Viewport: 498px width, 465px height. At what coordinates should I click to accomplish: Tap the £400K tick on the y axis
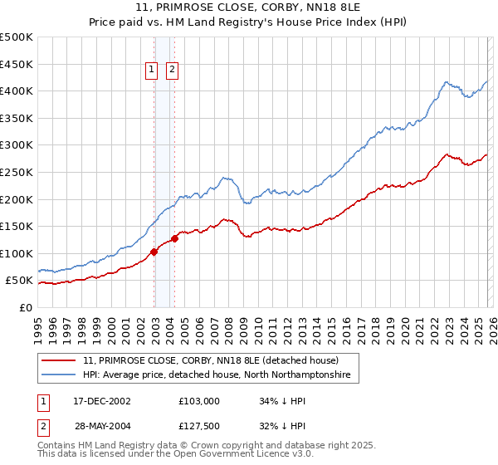(x=17, y=91)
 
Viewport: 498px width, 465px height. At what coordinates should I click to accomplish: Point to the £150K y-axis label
(x=17, y=226)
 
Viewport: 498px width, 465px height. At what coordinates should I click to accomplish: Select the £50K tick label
(x=19, y=281)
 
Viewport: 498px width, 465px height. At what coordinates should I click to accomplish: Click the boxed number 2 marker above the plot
(x=172, y=71)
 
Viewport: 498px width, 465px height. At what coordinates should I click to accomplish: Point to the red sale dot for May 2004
(x=175, y=238)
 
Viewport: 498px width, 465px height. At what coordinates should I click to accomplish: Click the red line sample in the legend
(x=60, y=361)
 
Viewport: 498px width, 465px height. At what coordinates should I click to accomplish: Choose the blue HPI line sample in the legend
(x=60, y=375)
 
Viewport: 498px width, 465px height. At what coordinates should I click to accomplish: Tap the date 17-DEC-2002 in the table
(x=102, y=401)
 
